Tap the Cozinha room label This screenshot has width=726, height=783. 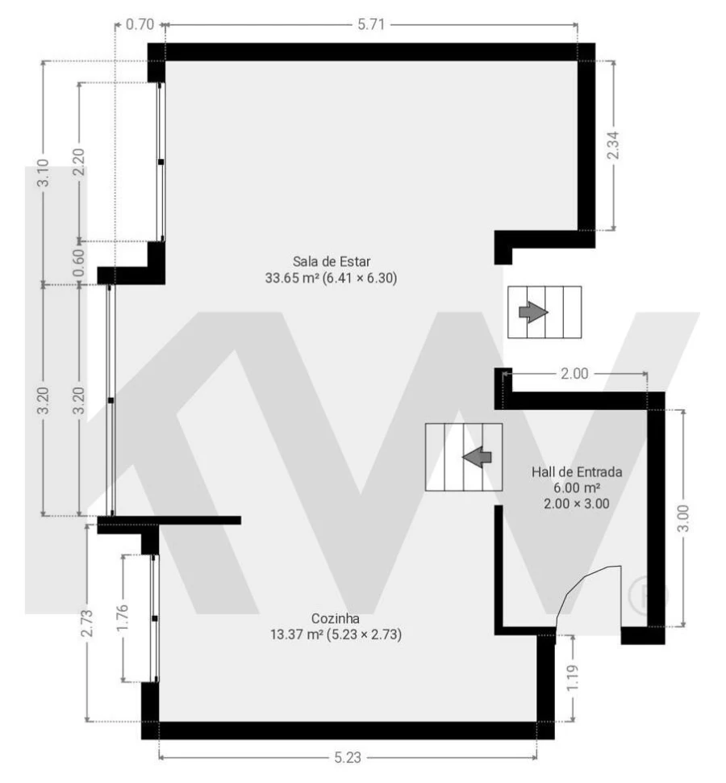336,618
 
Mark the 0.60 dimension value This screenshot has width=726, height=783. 79,263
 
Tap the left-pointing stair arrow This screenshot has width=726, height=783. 478,458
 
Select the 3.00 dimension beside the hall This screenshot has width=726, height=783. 683,517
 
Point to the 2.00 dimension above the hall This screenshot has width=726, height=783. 574,374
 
